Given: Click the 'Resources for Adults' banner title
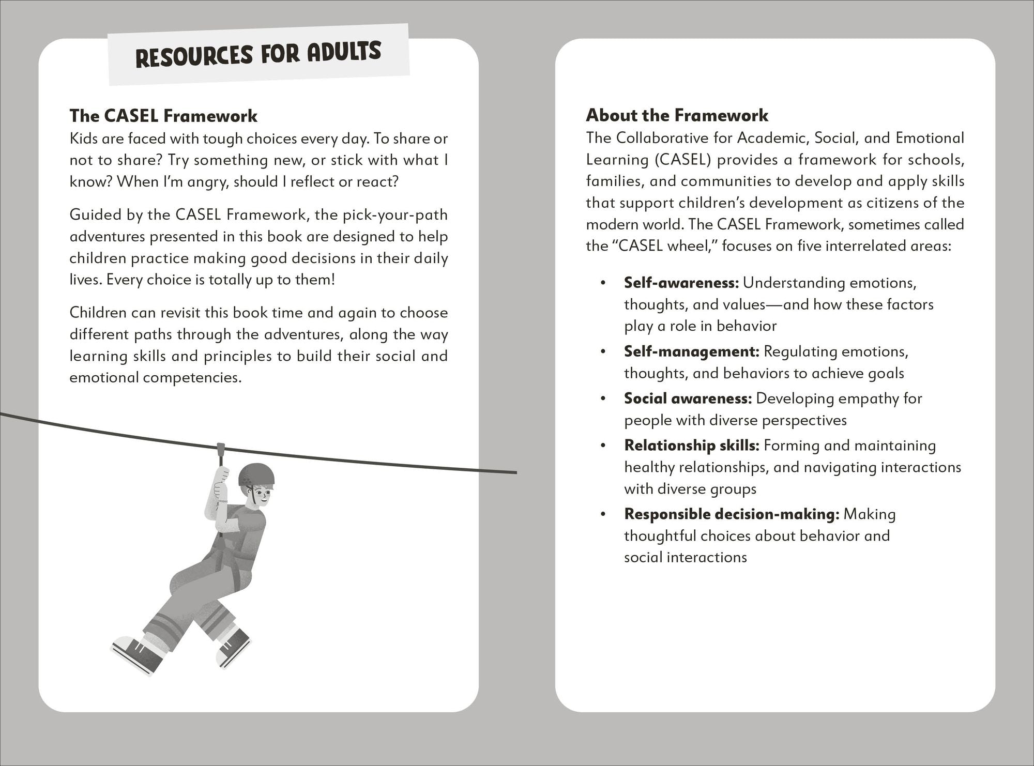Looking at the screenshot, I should (x=258, y=54).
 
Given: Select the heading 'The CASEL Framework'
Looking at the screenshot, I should (x=163, y=116).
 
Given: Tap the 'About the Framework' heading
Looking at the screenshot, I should (x=677, y=115).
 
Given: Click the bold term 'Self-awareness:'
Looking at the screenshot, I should (x=681, y=283).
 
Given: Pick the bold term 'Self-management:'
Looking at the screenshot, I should (x=691, y=351).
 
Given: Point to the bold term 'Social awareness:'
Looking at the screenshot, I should (x=688, y=399).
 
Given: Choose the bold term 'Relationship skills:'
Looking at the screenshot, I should (x=691, y=446).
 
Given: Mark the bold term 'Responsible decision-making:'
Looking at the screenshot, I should (x=731, y=514).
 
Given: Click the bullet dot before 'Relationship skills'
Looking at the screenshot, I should (x=602, y=446).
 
